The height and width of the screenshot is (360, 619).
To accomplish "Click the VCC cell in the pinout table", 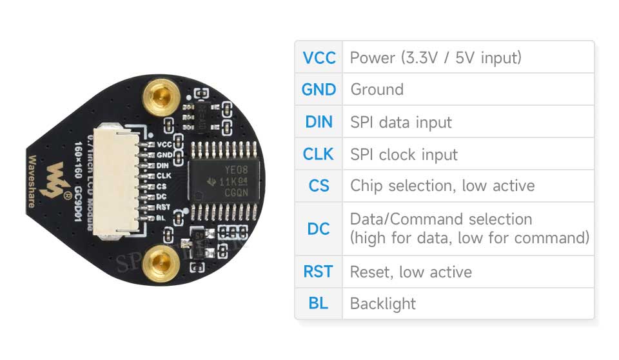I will [x=319, y=57].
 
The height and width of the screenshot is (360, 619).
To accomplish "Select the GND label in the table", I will [x=319, y=89].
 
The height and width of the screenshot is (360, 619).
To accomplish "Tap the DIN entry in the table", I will [x=319, y=121].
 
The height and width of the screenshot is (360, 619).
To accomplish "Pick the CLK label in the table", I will [x=319, y=154].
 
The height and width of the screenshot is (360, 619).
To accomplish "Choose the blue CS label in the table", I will [x=319, y=186].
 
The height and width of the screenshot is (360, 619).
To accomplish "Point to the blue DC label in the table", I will [x=319, y=228].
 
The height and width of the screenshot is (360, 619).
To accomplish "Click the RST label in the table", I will [x=319, y=272].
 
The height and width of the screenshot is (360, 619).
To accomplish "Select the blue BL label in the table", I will [x=319, y=303].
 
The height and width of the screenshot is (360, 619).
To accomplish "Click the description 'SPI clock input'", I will [x=404, y=155].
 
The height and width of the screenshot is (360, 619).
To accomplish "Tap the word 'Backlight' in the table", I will [x=383, y=304].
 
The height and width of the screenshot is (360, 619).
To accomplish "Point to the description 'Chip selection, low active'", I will [x=442, y=186].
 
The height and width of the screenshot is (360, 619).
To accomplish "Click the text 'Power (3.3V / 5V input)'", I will [x=435, y=57].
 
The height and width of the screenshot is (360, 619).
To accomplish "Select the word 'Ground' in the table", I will [x=377, y=89].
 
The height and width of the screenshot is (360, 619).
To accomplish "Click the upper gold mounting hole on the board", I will [x=157, y=98].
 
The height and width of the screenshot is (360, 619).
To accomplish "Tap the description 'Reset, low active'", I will [x=411, y=272].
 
